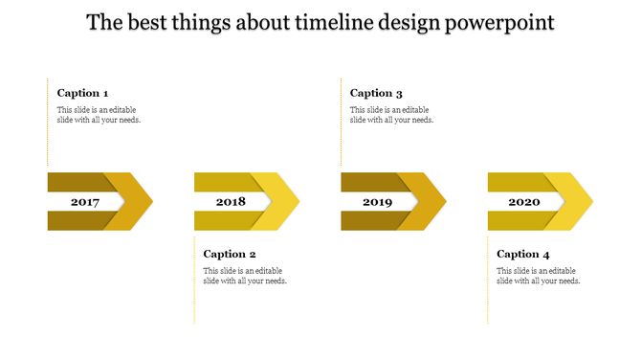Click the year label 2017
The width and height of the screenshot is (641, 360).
coord(85,202)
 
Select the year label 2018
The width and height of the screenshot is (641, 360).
coord(232,202)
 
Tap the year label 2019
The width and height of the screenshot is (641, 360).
coord(378,202)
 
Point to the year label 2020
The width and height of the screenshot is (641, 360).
coord(524,202)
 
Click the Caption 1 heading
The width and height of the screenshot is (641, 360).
coord(82,93)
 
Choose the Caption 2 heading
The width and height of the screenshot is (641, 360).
coord(230,254)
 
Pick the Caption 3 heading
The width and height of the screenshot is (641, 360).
coord(376,93)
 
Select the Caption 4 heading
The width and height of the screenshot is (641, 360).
coord(523,254)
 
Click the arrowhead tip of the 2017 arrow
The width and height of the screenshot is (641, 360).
coord(150,201)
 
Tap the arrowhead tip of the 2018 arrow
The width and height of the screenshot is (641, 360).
coord(297,201)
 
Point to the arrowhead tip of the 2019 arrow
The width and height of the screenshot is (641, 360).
coord(443,201)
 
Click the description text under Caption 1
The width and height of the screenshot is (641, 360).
coord(99,114)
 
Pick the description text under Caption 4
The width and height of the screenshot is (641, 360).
coord(539,275)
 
